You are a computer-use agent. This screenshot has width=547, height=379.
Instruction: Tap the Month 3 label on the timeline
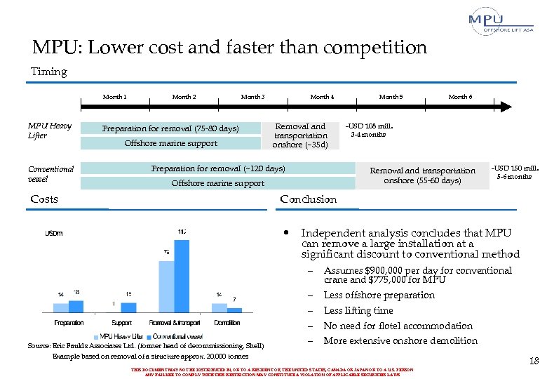point(252,96)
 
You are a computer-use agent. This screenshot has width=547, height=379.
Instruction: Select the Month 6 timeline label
point(460,96)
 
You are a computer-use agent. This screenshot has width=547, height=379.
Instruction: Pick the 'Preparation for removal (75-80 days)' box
point(170,128)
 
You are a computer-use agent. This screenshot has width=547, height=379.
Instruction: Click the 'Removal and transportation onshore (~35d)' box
point(299,135)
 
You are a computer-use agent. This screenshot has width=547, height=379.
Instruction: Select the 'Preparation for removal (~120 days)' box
point(218,169)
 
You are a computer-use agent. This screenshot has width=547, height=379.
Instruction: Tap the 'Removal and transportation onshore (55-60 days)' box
point(422,175)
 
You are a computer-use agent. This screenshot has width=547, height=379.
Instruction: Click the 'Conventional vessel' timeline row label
point(50,173)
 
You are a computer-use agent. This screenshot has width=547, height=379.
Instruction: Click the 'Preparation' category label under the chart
point(69,323)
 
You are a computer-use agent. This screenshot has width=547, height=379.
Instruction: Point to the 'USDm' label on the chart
point(54,233)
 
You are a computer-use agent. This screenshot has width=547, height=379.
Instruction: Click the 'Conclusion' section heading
point(308,199)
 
